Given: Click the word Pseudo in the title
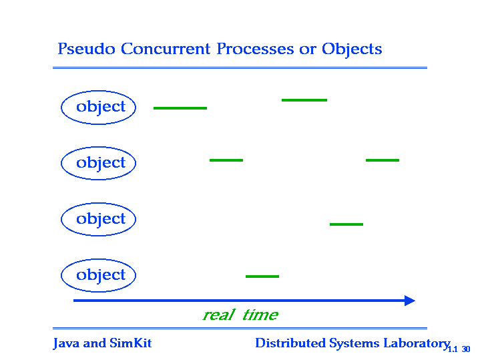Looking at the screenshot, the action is pyautogui.click(x=86, y=49).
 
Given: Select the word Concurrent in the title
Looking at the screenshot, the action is pyautogui.click(x=166, y=49).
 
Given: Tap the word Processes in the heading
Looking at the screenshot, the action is pyautogui.click(x=255, y=49).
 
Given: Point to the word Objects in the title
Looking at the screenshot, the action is pyautogui.click(x=352, y=49).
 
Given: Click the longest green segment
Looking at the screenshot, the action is pyautogui.click(x=180, y=108).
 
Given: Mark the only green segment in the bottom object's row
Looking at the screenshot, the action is pyautogui.click(x=262, y=277).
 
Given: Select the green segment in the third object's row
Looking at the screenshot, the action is pyautogui.click(x=346, y=224).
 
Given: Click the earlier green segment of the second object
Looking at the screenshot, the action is pyautogui.click(x=226, y=160).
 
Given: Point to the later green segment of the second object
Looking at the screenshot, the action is pyautogui.click(x=383, y=160).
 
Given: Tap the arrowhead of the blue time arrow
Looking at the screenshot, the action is pyautogui.click(x=410, y=301).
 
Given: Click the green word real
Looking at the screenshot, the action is pyautogui.click(x=219, y=315).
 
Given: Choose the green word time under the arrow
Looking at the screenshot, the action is pyautogui.click(x=260, y=315).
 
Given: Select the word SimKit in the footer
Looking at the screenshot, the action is pyautogui.click(x=131, y=343).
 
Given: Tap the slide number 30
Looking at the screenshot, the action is pyautogui.click(x=466, y=349).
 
